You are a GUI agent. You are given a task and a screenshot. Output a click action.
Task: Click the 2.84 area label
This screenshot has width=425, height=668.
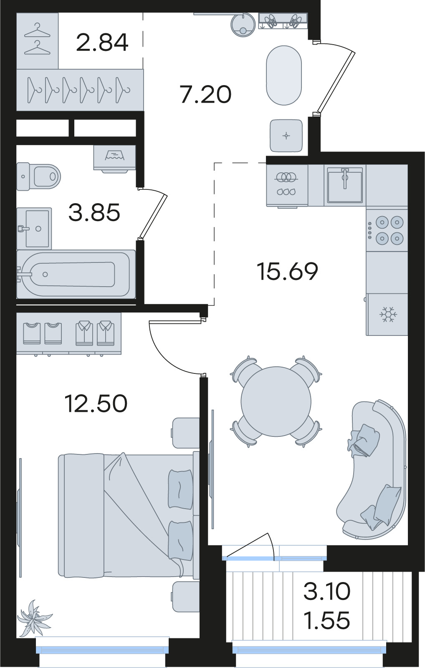(x=102, y=42)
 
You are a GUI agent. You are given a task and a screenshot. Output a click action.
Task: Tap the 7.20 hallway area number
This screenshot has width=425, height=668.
(x=206, y=95)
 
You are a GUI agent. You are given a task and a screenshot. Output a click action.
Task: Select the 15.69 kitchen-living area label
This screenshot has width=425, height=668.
(x=287, y=271)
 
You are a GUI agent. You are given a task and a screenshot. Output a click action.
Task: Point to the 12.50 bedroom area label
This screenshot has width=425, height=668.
(x=96, y=403)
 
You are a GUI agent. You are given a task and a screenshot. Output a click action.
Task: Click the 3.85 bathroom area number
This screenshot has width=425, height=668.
(x=94, y=212)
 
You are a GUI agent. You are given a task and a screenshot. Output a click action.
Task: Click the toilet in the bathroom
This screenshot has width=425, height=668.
(x=38, y=176)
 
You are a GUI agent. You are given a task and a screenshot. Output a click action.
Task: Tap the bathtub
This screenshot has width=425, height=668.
(x=76, y=274)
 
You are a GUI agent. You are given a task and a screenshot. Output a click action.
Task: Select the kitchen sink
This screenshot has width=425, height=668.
(x=345, y=185)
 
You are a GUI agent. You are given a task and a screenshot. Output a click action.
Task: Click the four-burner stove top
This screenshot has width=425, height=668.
(x=387, y=230)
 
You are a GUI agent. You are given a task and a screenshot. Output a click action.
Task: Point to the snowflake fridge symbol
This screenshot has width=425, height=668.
(x=388, y=314)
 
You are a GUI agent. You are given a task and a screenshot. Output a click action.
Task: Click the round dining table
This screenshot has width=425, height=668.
(x=276, y=401)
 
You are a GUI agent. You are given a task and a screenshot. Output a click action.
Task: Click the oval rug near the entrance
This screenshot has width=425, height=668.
(x=284, y=75)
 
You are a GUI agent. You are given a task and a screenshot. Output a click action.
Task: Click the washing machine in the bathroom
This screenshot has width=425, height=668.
(x=115, y=159)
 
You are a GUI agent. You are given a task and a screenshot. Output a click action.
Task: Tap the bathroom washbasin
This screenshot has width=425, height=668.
(x=34, y=228)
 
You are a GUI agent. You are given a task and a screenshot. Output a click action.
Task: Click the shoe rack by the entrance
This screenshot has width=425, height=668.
(x=283, y=21)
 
